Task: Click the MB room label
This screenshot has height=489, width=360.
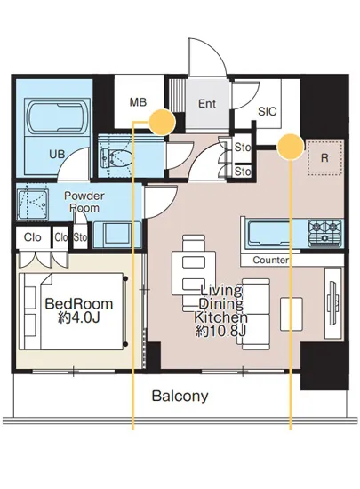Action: pyautogui.click(x=138, y=102)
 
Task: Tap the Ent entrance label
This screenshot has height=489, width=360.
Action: pyautogui.click(x=207, y=103)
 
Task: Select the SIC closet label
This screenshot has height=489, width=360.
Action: pyautogui.click(x=268, y=111)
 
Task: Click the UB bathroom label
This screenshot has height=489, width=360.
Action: pyautogui.click(x=58, y=154)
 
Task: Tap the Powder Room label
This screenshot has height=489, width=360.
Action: pyautogui.click(x=84, y=202)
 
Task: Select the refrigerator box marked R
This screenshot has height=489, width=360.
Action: pyautogui.click(x=324, y=158)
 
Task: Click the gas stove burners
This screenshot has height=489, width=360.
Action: pyautogui.click(x=324, y=233)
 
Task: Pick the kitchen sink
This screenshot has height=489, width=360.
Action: pyautogui.click(x=270, y=233)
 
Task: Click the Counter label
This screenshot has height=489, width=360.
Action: pyautogui.click(x=270, y=260)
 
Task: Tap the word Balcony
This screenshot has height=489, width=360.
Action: pyautogui.click(x=180, y=396)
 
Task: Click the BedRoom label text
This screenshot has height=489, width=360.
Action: pyautogui.click(x=79, y=304)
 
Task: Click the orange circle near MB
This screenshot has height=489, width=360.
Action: pyautogui.click(x=163, y=122)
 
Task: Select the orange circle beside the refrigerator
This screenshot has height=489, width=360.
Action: pyautogui.click(x=291, y=147)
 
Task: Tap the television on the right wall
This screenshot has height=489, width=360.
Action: pyautogui.click(x=332, y=302)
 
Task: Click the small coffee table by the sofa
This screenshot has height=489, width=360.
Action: pyautogui.click(x=292, y=314)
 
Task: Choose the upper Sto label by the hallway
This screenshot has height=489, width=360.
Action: pyautogui.click(x=242, y=148)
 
